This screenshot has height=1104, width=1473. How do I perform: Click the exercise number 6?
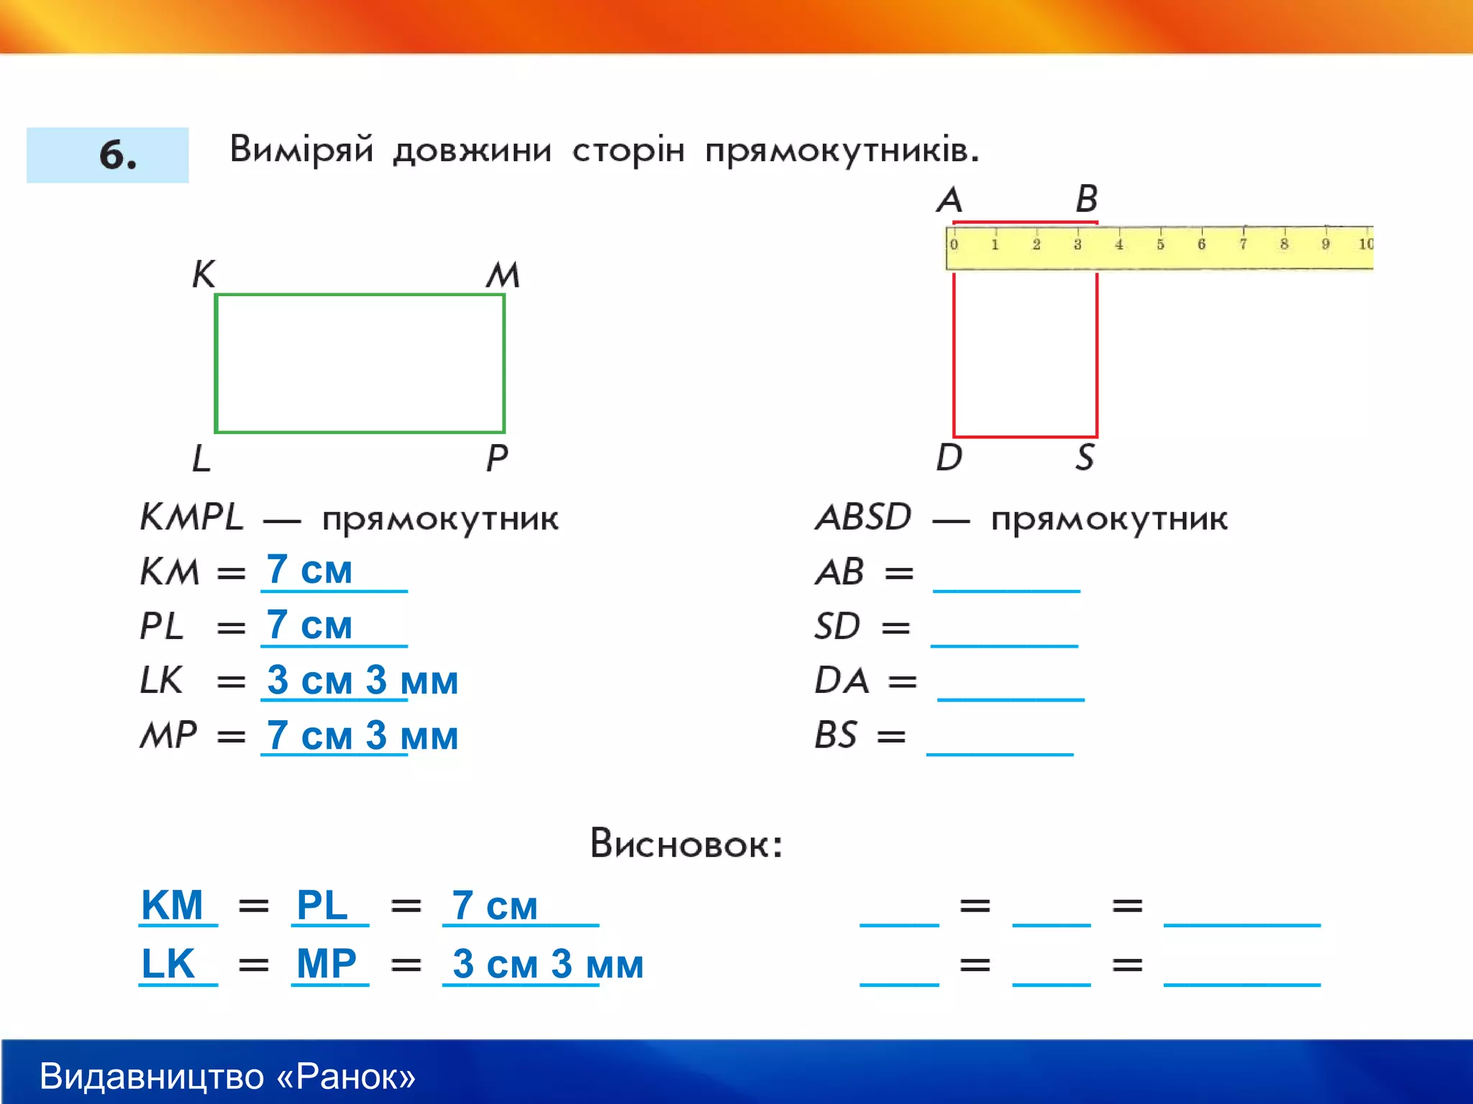(x=117, y=155)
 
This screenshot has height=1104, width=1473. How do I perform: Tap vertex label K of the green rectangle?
(x=204, y=274)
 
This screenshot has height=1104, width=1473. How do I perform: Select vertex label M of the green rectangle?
(x=503, y=275)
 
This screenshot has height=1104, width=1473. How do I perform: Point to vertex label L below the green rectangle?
(x=201, y=458)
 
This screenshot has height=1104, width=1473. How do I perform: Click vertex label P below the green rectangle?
(x=497, y=458)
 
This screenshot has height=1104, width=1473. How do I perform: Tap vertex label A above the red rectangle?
(x=949, y=199)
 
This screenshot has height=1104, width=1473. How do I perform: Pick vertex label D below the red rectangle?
(x=949, y=457)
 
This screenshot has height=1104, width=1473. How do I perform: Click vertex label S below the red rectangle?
(x=1085, y=457)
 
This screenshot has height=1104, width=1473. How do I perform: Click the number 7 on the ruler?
(x=1243, y=244)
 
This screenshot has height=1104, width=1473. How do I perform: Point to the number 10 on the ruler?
(x=1365, y=244)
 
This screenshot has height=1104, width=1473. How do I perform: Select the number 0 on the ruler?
(x=954, y=244)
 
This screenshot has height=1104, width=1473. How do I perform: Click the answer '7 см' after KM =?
(x=309, y=570)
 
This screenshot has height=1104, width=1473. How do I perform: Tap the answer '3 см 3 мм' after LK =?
(x=362, y=680)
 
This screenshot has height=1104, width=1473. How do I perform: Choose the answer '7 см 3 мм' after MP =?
(x=362, y=735)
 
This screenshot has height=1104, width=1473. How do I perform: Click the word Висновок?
(x=685, y=843)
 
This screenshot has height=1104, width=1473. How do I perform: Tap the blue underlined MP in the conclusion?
(x=327, y=964)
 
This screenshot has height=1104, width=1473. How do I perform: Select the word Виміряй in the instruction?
(x=301, y=149)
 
